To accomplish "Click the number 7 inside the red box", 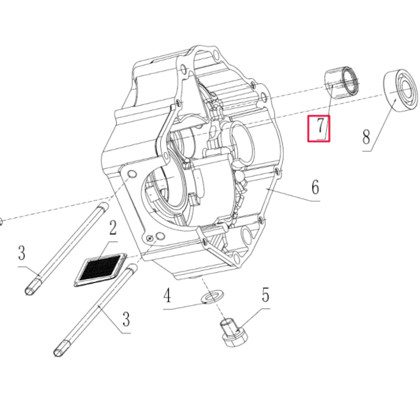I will coord(320,127).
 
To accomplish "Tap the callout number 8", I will coord(366,136).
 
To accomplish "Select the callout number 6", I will coord(315,188).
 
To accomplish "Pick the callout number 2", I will coord(113,228).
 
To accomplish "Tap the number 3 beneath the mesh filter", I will coord(125,320).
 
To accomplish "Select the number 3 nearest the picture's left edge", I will coord(22,253).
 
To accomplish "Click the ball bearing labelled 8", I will coord(400,88).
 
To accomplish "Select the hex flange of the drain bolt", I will coord(233,339).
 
